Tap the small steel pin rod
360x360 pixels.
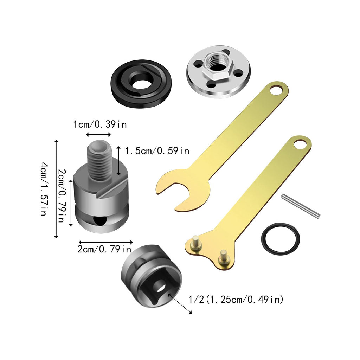(301, 206)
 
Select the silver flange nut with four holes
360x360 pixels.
(218, 71)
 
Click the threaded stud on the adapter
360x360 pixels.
(99, 160)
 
